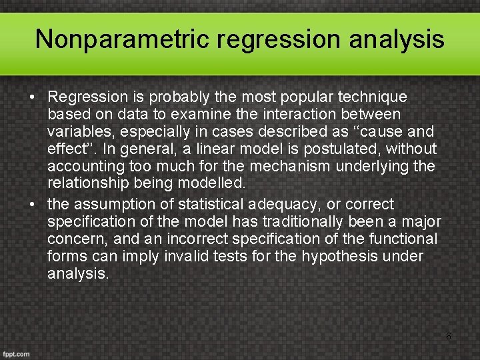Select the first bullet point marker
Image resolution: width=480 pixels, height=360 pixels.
tap(33, 98)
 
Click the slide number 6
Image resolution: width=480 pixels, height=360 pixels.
tap(448, 337)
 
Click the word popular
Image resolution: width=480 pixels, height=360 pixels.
tap(295, 97)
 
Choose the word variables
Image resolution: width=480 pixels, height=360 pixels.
tap(76, 132)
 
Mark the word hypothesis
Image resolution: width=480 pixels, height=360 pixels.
tap(339, 257)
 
